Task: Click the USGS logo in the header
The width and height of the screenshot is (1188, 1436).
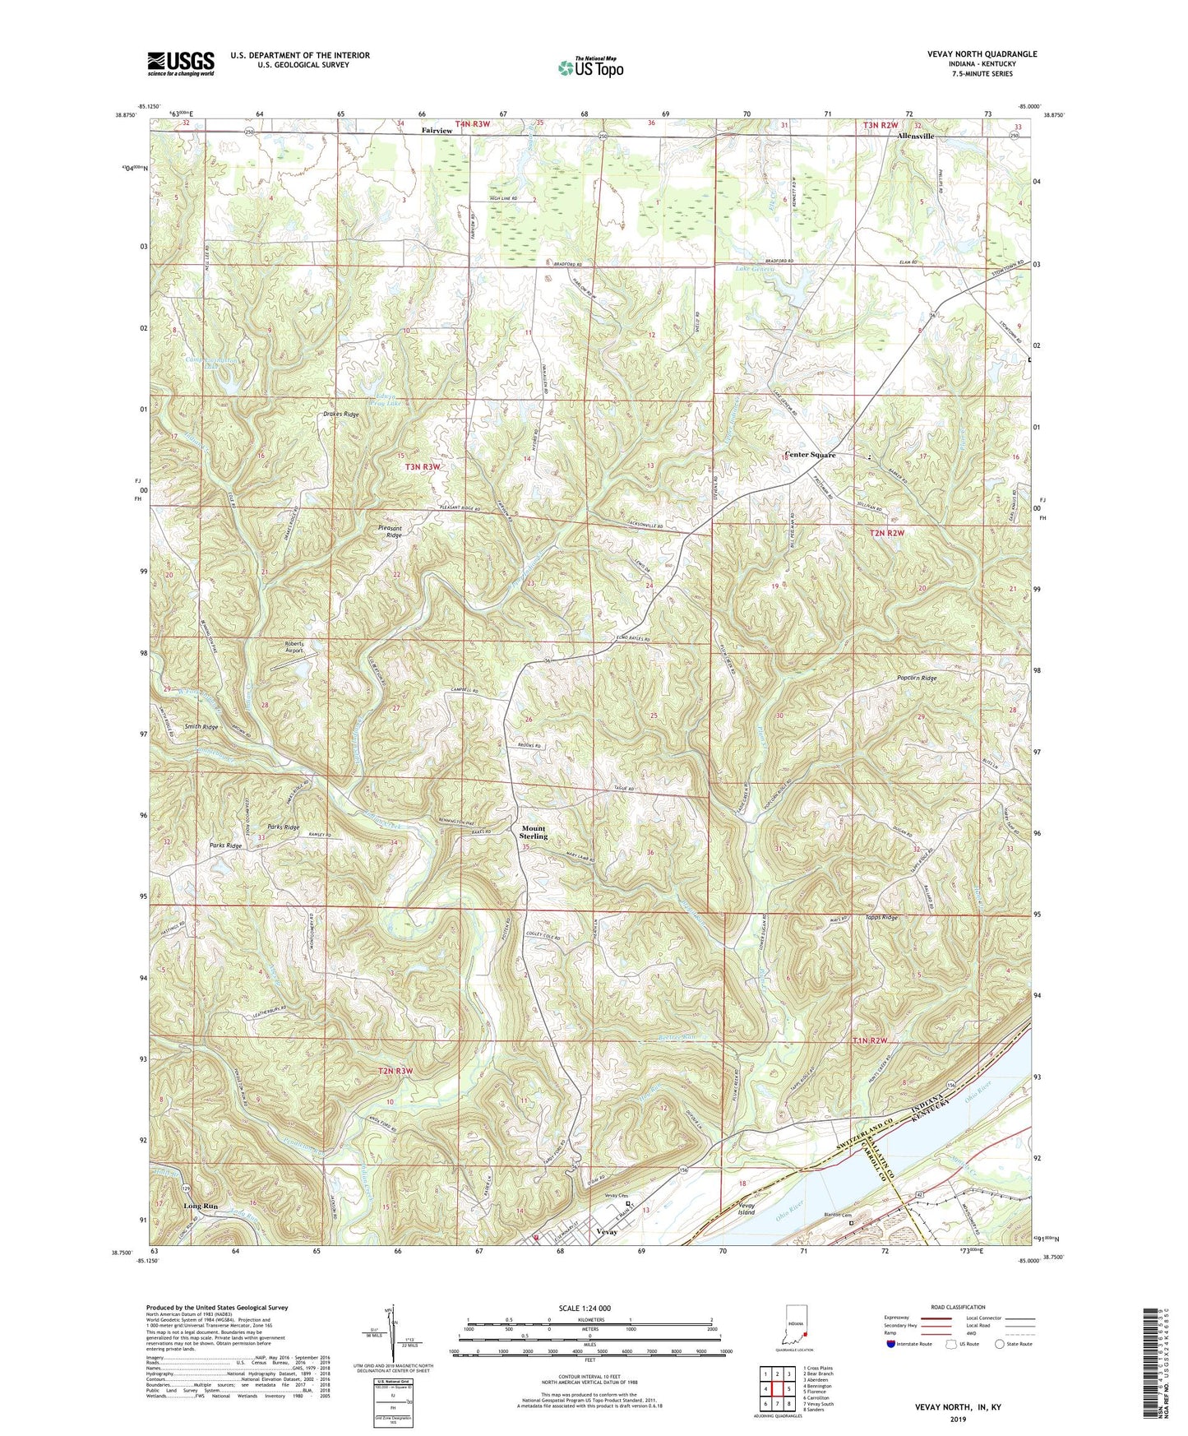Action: click(181, 63)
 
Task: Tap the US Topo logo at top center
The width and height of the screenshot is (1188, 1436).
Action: click(589, 67)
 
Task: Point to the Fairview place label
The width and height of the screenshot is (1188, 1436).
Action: click(437, 131)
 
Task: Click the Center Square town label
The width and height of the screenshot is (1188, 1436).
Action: click(810, 455)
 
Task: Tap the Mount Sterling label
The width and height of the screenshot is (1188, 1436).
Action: click(533, 832)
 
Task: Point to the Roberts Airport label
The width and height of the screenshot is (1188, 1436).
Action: click(294, 646)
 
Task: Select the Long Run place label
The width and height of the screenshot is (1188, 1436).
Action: click(201, 1206)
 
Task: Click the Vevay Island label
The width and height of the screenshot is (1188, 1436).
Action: click(746, 1208)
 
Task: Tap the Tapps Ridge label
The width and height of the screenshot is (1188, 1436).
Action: click(881, 917)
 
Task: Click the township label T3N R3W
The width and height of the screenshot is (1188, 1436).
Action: click(423, 466)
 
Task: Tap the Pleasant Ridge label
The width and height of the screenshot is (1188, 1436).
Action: click(390, 531)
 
